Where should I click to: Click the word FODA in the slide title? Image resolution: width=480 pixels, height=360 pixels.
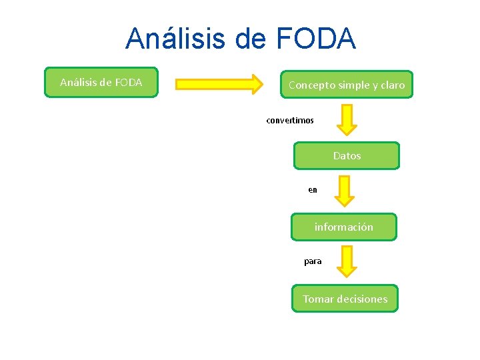click(314, 39)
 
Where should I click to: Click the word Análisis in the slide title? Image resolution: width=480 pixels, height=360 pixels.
click(175, 39)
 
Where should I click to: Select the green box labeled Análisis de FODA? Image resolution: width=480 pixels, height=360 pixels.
click(101, 83)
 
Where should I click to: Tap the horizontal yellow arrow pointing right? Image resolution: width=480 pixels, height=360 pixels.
click(219, 84)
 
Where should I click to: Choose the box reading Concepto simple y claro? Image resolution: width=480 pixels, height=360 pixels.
click(347, 85)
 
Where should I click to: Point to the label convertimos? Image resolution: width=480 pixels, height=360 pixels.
click(290, 121)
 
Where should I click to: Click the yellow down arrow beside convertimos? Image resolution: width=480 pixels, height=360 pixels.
click(347, 119)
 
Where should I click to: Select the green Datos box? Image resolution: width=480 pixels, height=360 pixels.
click(347, 156)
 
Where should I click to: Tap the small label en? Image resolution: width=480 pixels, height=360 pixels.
click(313, 190)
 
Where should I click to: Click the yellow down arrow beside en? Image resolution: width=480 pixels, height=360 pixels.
click(344, 191)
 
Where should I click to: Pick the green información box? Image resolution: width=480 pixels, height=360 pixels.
click(344, 227)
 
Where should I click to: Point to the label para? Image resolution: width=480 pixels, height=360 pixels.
click(313, 261)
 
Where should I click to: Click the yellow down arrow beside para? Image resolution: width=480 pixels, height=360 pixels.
click(347, 261)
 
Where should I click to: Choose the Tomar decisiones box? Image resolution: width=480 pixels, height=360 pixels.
click(345, 299)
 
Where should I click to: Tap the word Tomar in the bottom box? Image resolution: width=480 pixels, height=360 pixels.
click(318, 299)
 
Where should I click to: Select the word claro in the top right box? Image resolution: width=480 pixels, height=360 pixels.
click(392, 85)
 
